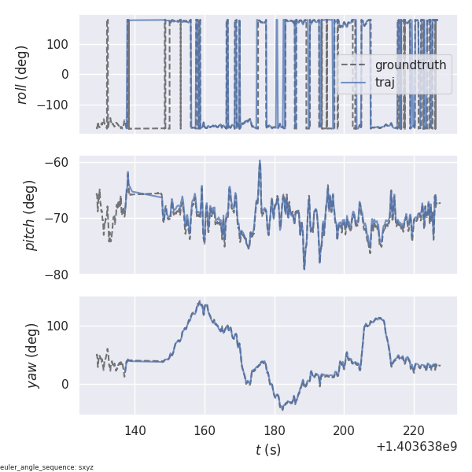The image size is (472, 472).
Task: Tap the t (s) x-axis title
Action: [267, 450]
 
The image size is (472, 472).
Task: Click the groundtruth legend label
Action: [411, 65]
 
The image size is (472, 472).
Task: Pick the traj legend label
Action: [385, 81]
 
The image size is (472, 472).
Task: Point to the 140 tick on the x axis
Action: [135, 430]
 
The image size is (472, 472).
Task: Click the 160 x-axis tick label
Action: [205, 430]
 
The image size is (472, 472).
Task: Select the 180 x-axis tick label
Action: [275, 430]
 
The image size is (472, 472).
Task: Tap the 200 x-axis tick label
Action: [345, 430]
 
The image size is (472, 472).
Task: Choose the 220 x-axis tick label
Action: [415, 430]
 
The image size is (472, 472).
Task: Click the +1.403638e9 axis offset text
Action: [416, 446]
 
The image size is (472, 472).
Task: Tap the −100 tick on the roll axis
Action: [54, 105]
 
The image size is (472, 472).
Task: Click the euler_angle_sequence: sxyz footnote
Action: [46, 467]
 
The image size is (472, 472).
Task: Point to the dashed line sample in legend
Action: [353, 65]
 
